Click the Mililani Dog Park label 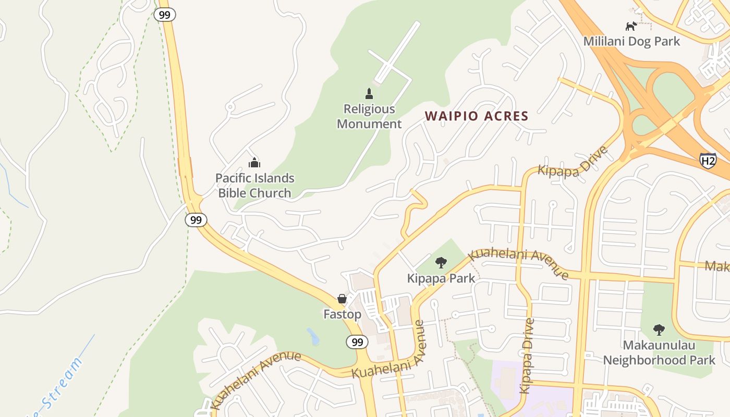(631, 41)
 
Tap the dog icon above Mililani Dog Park (631, 26)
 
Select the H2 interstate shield (708, 161)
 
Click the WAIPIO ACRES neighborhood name (477, 116)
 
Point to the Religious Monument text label (369, 116)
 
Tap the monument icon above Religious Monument (369, 94)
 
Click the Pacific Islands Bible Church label (254, 186)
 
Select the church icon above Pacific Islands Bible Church (254, 163)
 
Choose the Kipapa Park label (441, 278)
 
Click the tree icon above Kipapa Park (441, 262)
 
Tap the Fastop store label (342, 314)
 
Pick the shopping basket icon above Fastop (342, 299)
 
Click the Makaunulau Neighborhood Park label (659, 352)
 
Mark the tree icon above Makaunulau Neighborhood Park (659, 329)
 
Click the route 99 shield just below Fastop (357, 342)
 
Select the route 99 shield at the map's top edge (164, 15)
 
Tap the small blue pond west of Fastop (313, 337)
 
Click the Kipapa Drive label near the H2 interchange (573, 162)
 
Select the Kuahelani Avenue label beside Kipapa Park (518, 263)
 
